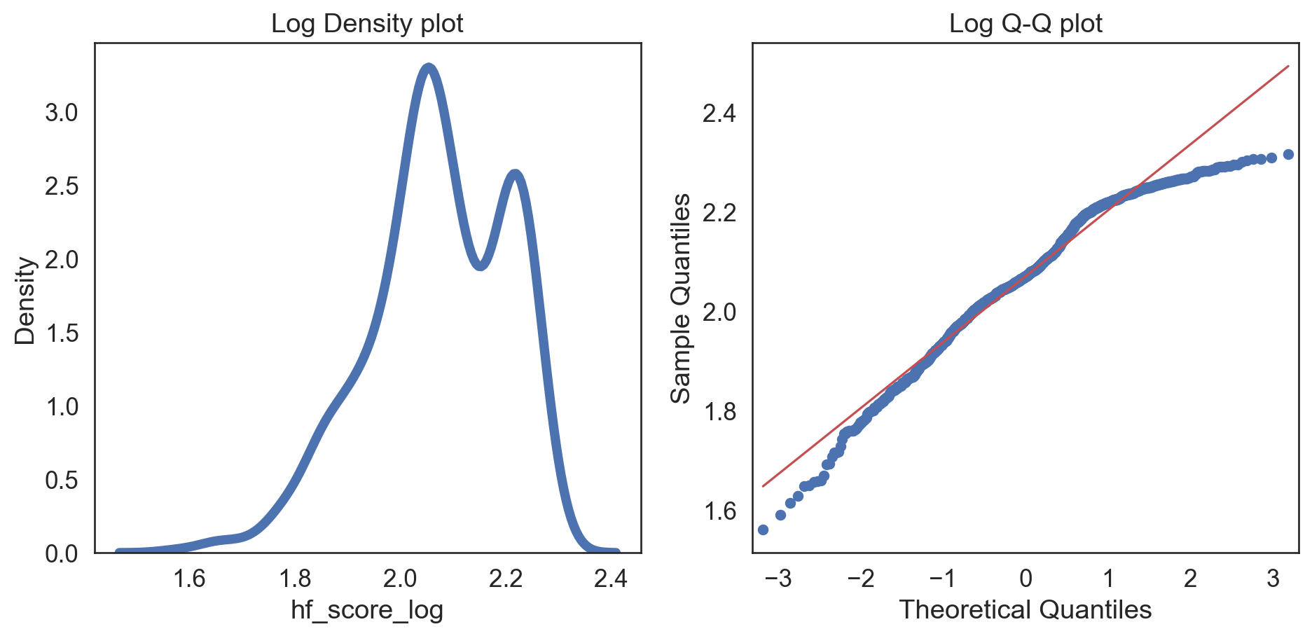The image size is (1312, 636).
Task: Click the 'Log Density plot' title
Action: [x=367, y=24]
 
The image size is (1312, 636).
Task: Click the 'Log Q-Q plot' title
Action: [x=1026, y=24]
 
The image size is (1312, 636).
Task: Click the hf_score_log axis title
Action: [x=367, y=610]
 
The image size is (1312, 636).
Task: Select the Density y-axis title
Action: [x=25, y=300]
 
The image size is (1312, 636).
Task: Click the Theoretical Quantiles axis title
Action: [x=1026, y=610]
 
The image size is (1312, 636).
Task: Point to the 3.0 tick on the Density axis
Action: [x=62, y=113]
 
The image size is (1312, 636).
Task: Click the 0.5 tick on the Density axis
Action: [x=62, y=481]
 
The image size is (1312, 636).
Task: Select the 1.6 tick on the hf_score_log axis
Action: [x=189, y=579]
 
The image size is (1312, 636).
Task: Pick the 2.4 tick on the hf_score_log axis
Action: [x=611, y=579]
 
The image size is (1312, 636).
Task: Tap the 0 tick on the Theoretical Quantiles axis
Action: [x=1026, y=579]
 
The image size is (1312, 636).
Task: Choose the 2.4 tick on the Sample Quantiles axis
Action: [x=719, y=113]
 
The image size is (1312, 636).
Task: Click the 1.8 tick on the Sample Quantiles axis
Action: [x=719, y=411]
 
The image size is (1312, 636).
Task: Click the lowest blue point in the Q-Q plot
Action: [x=763, y=530]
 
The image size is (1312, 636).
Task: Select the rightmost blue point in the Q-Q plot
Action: [x=1288, y=154]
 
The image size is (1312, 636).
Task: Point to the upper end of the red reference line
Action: [x=1288, y=67]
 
